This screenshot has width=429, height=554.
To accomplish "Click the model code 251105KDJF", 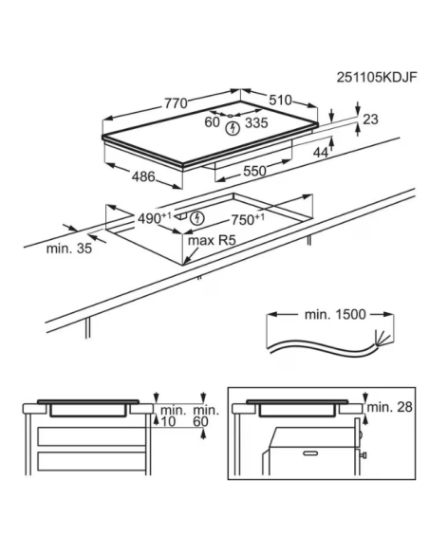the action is pyautogui.click(x=377, y=77).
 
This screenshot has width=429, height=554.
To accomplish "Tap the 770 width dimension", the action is pyautogui.click(x=176, y=103).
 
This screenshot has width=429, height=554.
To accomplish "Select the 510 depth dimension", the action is pyautogui.click(x=280, y=101).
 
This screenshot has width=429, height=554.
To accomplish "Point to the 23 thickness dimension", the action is pyautogui.click(x=370, y=120).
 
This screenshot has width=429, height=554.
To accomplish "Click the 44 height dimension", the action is pyautogui.click(x=321, y=153).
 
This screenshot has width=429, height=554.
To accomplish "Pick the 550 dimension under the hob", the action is pyautogui.click(x=254, y=171).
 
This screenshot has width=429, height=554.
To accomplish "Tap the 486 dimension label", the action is pyautogui.click(x=143, y=176).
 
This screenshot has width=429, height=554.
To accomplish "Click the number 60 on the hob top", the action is pyautogui.click(x=212, y=122).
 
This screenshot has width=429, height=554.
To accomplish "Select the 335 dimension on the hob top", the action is pyautogui.click(x=256, y=123).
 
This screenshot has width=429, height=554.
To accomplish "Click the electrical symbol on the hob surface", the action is pyautogui.click(x=233, y=128).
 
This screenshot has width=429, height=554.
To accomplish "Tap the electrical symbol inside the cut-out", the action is pyautogui.click(x=197, y=218).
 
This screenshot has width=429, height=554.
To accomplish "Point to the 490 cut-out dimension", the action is pyautogui.click(x=155, y=219).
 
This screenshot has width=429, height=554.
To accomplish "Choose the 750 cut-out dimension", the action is pyautogui.click(x=248, y=220).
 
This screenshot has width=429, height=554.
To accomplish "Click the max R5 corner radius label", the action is pyautogui.click(x=212, y=241).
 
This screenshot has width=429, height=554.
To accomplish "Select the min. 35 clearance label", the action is pyautogui.click(x=69, y=249).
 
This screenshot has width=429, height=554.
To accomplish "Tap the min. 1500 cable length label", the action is pyautogui.click(x=335, y=314).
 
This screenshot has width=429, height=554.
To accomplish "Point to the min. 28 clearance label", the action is pyautogui.click(x=390, y=407).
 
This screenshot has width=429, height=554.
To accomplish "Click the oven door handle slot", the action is pyautogui.click(x=310, y=452).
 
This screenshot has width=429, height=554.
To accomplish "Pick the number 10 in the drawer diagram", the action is pyautogui.click(x=168, y=421).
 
